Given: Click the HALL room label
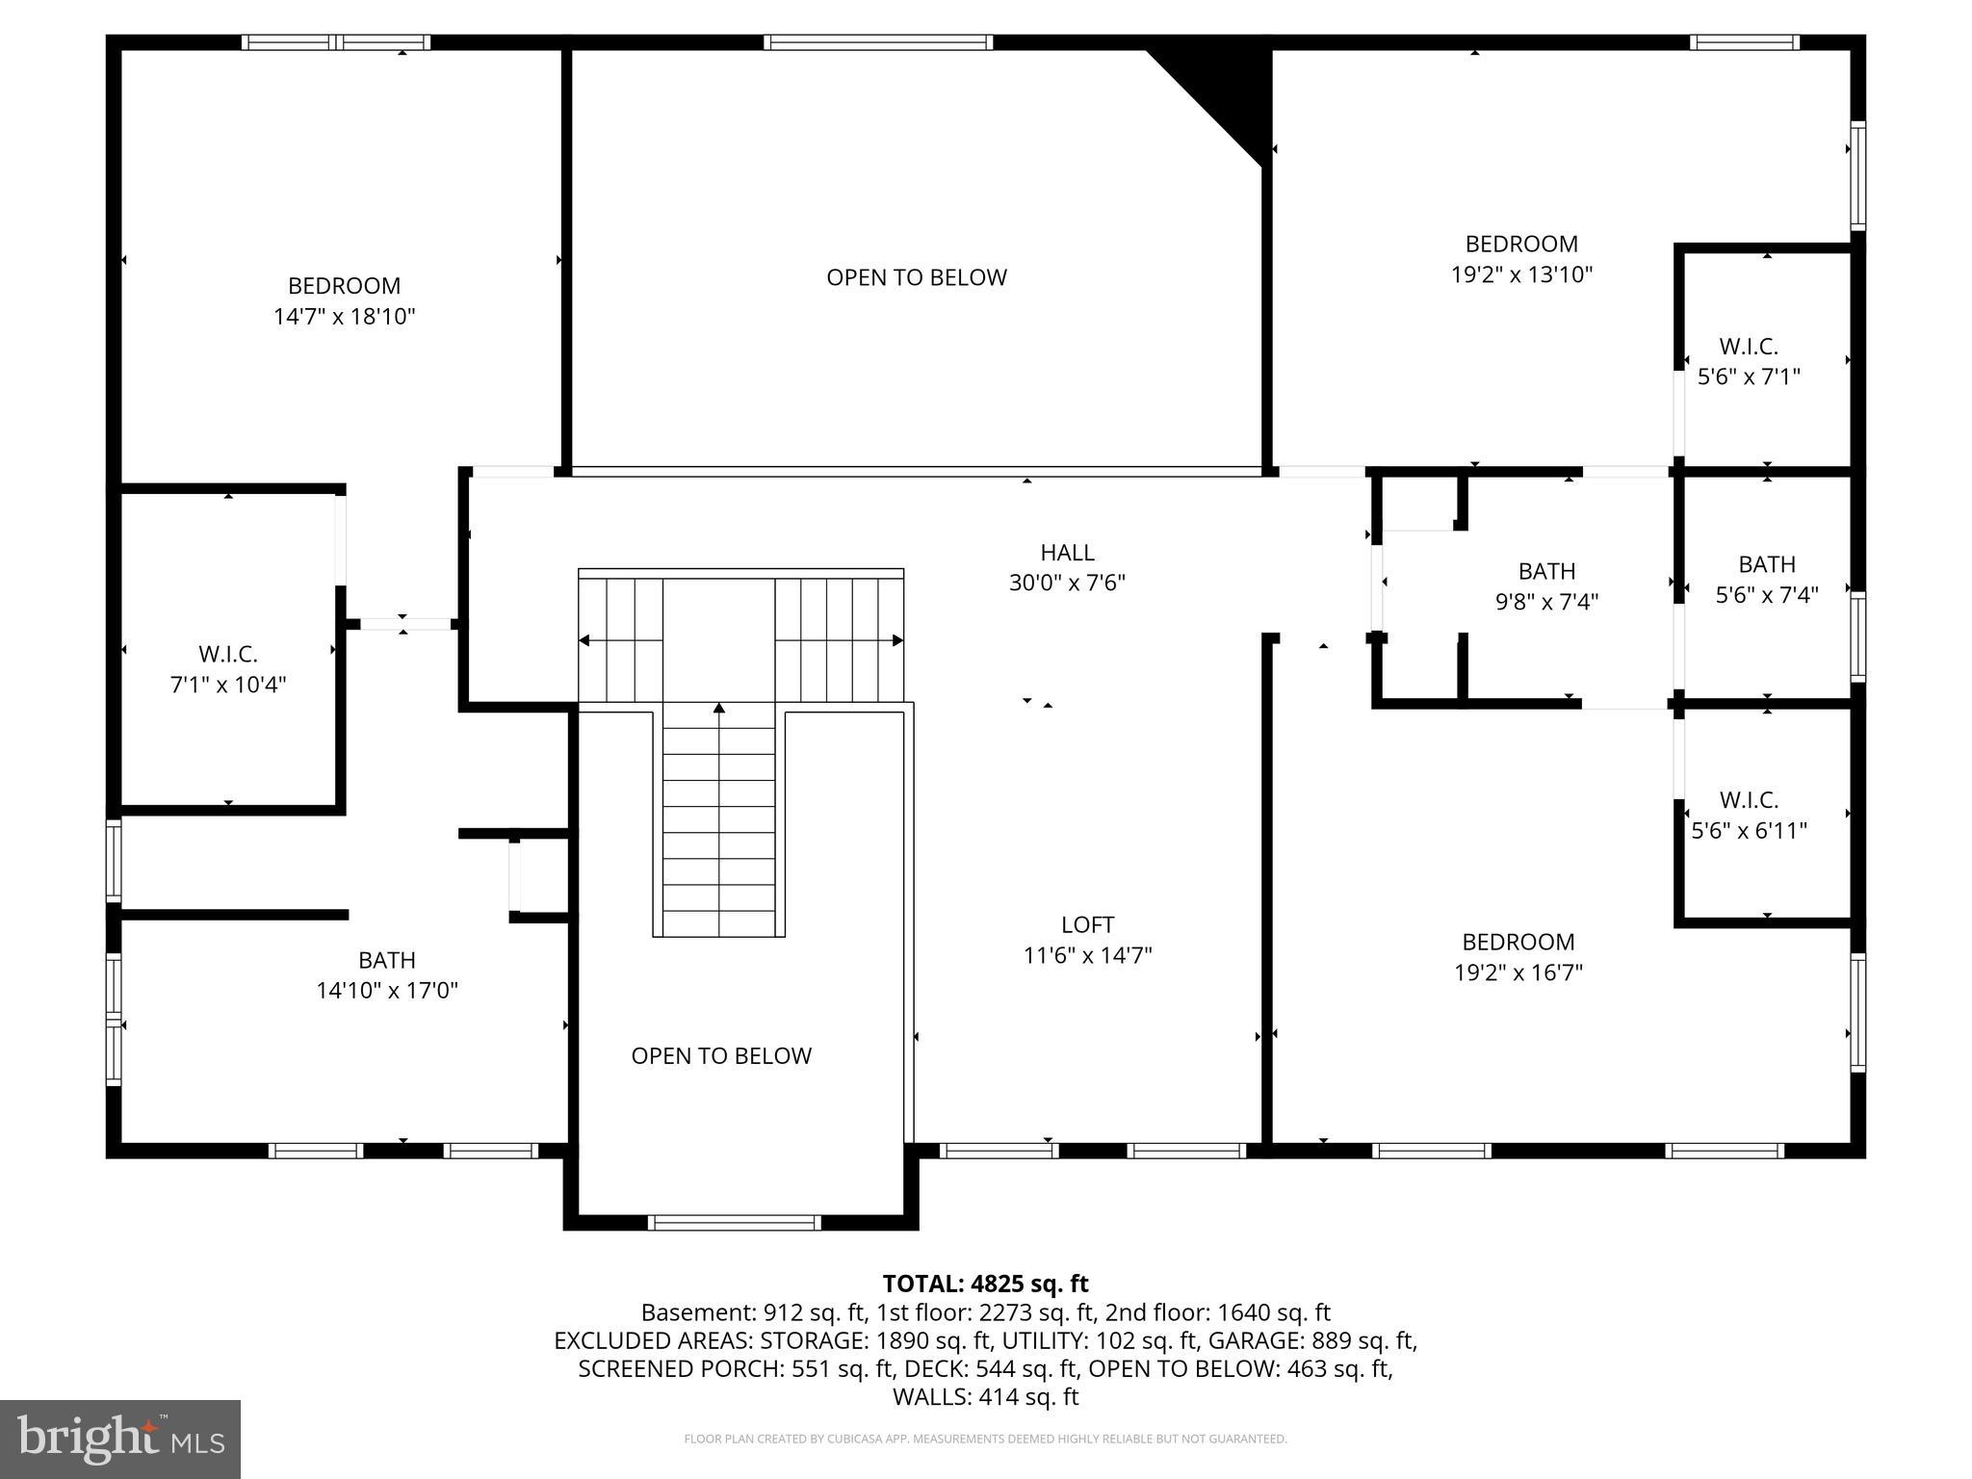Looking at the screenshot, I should (x=1067, y=553).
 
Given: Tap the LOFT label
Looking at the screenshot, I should (x=1087, y=925).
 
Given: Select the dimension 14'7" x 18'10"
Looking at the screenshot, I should (x=344, y=317).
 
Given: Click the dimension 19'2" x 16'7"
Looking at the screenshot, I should (x=1518, y=973).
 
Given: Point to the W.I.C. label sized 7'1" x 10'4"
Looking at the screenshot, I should (x=228, y=655).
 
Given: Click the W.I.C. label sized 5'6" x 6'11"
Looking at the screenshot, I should (x=1749, y=800).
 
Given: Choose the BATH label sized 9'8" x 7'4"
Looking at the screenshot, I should (x=1546, y=571).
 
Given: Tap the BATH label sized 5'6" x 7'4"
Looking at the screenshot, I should (x=1767, y=564).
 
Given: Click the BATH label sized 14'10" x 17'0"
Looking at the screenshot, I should (x=387, y=960).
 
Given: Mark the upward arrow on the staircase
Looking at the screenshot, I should (x=718, y=710).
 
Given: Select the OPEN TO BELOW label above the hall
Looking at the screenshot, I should (x=916, y=277).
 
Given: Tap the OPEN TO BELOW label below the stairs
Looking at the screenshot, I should (x=721, y=1056).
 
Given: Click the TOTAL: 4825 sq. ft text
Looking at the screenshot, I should (x=985, y=1284).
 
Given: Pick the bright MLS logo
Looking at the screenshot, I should (x=120, y=1439).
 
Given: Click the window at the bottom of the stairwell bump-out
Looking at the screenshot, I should (x=736, y=1223).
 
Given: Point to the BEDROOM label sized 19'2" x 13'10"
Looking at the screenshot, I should (x=1521, y=244).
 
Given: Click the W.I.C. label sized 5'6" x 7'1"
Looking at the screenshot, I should (x=1749, y=347).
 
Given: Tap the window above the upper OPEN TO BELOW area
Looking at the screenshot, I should (x=877, y=42).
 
